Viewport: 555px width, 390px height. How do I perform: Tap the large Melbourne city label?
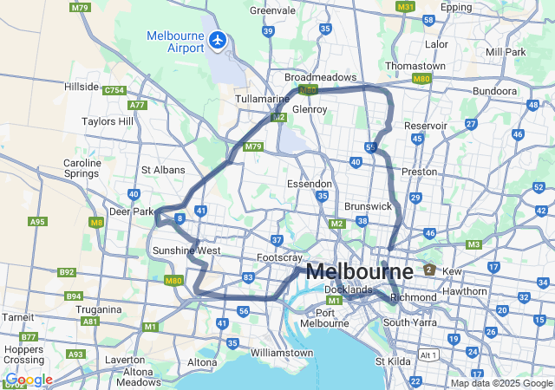tap(359, 271)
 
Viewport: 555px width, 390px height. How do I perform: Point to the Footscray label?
tap(279, 258)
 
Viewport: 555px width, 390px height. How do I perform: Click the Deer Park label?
tap(132, 211)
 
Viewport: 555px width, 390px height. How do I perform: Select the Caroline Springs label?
tap(82, 168)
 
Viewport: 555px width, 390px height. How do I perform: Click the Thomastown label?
tap(415, 66)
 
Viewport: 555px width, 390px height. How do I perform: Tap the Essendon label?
tap(310, 184)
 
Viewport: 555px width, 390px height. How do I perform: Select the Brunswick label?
tap(369, 206)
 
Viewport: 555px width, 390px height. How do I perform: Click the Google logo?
tap(29, 380)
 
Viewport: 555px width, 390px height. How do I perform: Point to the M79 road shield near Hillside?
tap(81, 8)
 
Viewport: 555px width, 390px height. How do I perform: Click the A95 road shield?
tap(37, 222)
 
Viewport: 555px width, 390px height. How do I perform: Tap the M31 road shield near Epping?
tap(405, 6)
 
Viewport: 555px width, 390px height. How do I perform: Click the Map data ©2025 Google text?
tap(500, 383)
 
